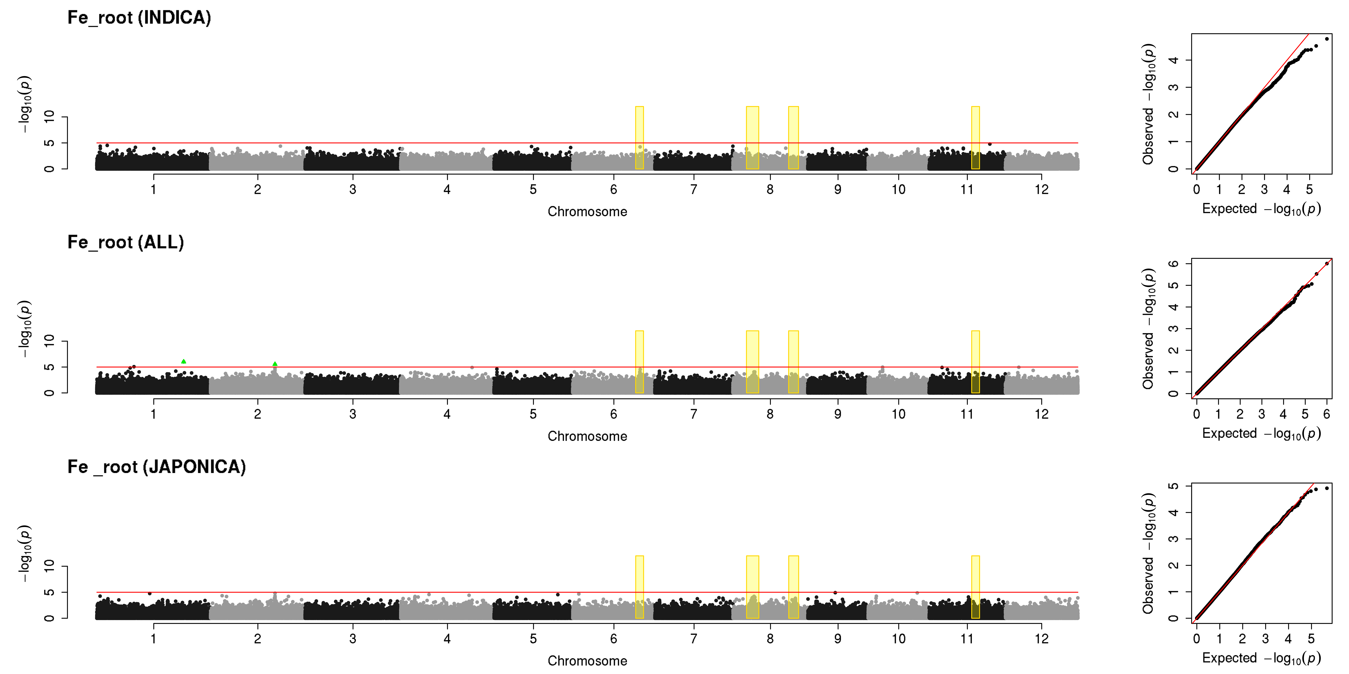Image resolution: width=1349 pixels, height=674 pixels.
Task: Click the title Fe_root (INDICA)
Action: pos(139,18)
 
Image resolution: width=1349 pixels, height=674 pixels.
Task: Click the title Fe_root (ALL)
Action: pos(126,242)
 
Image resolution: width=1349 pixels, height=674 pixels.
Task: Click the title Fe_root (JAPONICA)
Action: pos(157,467)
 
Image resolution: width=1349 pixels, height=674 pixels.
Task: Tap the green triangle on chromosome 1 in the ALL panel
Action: pos(183,361)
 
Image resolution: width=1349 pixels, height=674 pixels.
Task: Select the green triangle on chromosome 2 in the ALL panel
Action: pos(275,364)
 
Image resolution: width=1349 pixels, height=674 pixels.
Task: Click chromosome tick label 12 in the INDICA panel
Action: pos(1042,189)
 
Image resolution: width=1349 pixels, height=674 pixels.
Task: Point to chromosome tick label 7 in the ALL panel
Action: pos(694,414)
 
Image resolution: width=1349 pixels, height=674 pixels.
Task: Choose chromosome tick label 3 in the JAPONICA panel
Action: pos(353,638)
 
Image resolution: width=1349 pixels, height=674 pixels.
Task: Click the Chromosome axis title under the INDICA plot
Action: pos(587,211)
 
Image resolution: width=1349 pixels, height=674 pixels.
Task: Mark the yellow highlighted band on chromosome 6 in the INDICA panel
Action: pos(639,138)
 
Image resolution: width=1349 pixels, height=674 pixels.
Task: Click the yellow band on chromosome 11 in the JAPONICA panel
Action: pos(975,587)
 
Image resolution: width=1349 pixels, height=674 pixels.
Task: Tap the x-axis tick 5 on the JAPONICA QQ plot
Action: pos(1311,638)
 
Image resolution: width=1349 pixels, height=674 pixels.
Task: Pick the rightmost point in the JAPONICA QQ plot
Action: pos(1327,488)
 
